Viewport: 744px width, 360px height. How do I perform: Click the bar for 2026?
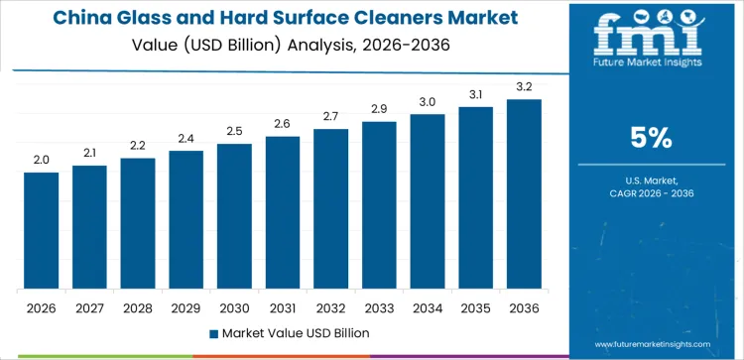coord(42,231)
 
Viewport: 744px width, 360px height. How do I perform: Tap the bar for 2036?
coord(524,194)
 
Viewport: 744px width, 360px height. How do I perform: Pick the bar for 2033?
coord(379,205)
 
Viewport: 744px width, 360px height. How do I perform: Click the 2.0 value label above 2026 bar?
coord(42,159)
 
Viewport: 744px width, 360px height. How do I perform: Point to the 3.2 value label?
coord(524,86)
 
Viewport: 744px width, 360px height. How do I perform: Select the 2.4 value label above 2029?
coord(186,138)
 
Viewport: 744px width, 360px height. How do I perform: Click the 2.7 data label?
coord(330,116)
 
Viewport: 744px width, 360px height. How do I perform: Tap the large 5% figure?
coord(653,138)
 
